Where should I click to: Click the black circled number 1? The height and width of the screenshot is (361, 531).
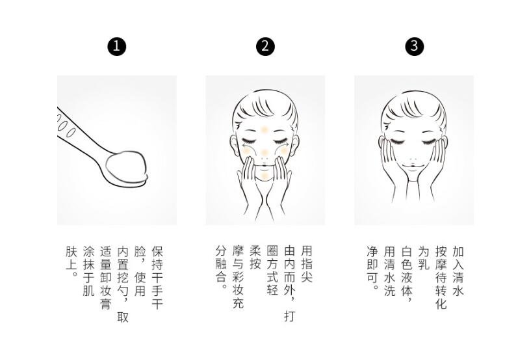pyautogui.click(x=117, y=46)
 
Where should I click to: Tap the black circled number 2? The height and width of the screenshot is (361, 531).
pyautogui.click(x=265, y=46)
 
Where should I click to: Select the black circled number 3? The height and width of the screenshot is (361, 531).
pyautogui.click(x=414, y=46)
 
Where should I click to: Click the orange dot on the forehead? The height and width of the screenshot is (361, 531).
pyautogui.click(x=265, y=129)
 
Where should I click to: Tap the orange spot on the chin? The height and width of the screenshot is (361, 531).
pyautogui.click(x=265, y=175)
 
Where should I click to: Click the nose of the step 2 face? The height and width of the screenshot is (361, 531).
pyautogui.click(x=265, y=157)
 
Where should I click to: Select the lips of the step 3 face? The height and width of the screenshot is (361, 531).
pyautogui.click(x=413, y=166)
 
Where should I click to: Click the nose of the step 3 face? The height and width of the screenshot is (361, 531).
pyautogui.click(x=413, y=158)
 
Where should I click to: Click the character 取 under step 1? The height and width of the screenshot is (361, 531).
pyautogui.click(x=123, y=317)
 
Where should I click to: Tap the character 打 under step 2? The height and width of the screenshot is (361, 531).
pyautogui.click(x=289, y=316)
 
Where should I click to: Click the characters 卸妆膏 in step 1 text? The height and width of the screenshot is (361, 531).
pyautogui.click(x=106, y=291)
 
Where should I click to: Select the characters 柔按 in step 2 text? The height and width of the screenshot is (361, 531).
pyautogui.click(x=255, y=258)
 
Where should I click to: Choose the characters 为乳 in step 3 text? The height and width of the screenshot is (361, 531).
pyautogui.click(x=424, y=258)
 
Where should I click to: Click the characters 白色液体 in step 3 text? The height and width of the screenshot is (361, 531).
pyautogui.click(x=406, y=271)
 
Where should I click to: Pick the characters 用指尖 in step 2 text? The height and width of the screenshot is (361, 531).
pyautogui.click(x=307, y=264)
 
